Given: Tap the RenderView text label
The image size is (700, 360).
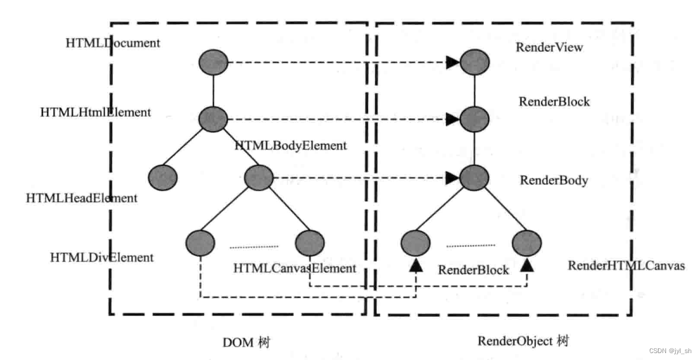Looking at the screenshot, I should (x=549, y=47).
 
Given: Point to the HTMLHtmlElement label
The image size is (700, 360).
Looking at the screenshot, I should (x=96, y=112).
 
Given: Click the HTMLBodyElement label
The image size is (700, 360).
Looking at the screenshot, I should (x=291, y=146).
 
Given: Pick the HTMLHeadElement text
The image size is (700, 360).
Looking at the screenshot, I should (x=82, y=198).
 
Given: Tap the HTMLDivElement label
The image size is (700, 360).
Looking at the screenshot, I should (x=102, y=257).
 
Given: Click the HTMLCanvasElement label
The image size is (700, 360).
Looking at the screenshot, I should (x=294, y=268).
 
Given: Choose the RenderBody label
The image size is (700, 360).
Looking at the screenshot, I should (x=554, y=180).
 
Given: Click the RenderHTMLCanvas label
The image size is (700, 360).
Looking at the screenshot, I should (x=626, y=266).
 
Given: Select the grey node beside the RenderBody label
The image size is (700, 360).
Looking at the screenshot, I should (x=474, y=177).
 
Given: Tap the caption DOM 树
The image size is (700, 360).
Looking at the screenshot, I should (x=247, y=342).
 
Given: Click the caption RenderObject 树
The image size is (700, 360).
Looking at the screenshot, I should (x=523, y=341).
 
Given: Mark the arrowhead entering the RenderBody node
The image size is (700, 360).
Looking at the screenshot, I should (x=453, y=178).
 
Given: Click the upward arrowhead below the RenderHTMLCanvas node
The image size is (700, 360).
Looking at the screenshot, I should (x=527, y=266).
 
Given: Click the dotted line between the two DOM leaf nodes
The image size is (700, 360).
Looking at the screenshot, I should (x=253, y=247).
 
